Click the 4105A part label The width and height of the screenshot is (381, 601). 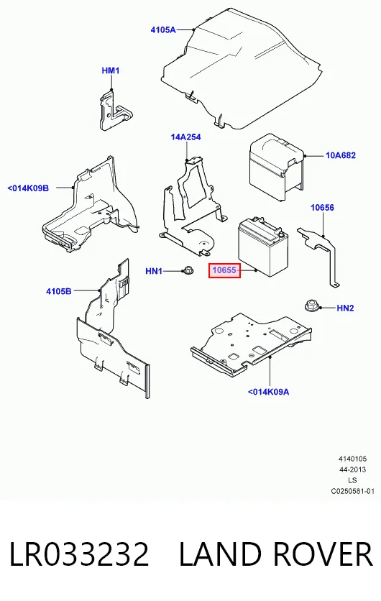163,29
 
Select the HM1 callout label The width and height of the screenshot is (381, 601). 111,70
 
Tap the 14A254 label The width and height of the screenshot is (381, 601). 186,137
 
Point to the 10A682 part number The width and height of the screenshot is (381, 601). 341,155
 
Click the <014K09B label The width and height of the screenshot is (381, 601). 28,188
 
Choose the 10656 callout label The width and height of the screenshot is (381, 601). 322,207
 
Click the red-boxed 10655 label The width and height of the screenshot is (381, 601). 224,270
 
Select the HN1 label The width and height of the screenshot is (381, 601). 154,271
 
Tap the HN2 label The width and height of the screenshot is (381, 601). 345,308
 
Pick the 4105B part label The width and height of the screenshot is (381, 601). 59,291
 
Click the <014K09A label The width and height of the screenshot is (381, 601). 268,392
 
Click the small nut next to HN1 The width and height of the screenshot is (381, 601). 188,270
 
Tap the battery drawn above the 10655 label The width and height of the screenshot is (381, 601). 263,247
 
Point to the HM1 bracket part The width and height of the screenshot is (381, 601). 113,109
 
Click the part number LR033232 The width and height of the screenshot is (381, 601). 79,554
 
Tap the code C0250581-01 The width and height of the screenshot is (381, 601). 353,491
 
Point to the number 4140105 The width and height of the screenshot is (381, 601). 353,459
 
